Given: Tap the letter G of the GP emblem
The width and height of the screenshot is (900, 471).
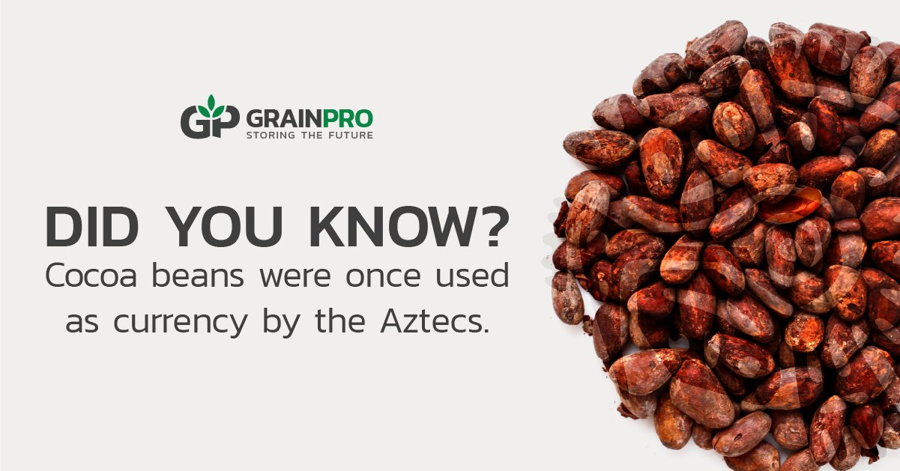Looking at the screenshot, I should pyautogui.click(x=196, y=123).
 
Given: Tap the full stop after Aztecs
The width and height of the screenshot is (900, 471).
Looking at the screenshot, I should pyautogui.click(x=486, y=330).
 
